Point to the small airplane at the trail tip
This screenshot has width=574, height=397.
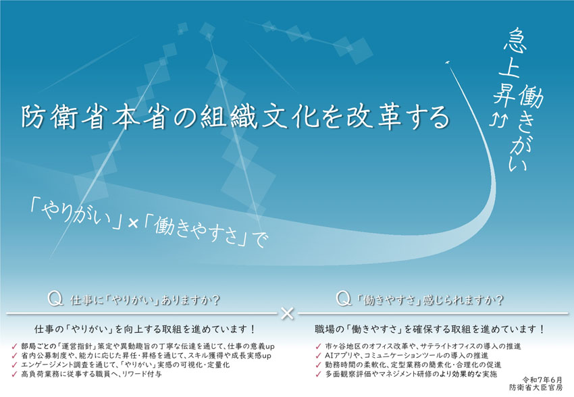(x=447, y=63)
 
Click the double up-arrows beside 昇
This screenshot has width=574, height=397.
(x=498, y=120)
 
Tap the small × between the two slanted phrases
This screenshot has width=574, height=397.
(x=133, y=223)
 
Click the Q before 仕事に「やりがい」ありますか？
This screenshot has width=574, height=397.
(x=55, y=300)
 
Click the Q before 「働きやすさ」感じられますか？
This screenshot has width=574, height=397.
(x=344, y=299)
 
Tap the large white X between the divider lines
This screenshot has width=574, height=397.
(x=288, y=313)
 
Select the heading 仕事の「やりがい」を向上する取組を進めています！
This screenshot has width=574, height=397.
(x=145, y=329)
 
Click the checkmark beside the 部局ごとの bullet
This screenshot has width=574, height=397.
(x=15, y=346)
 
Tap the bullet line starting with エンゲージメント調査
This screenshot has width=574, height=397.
(x=125, y=365)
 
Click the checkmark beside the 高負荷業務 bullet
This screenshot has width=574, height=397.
(x=15, y=374)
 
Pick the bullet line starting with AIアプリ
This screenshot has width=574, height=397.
(x=407, y=356)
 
